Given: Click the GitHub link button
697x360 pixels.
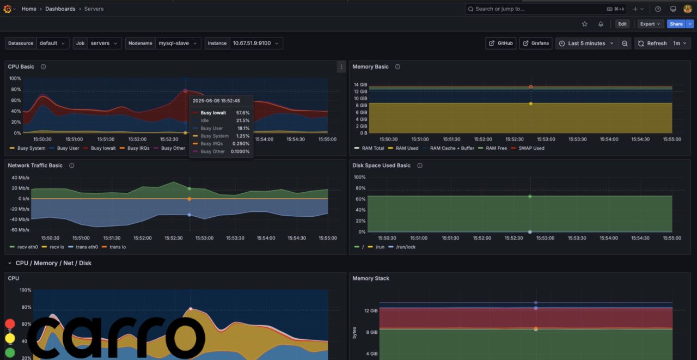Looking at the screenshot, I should [500, 44].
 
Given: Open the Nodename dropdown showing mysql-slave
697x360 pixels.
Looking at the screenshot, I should [178, 44].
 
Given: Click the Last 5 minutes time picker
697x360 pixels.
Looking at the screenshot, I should [586, 44].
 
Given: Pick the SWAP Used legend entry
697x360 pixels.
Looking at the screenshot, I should [531, 148].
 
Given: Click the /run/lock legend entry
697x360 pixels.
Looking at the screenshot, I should [405, 247].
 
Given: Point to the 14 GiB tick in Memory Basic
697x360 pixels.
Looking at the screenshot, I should [360, 84].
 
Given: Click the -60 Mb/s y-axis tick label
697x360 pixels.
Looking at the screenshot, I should [20, 230].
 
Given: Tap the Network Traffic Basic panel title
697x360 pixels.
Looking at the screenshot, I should [35, 166].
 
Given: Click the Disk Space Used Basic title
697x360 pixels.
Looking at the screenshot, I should [381, 166].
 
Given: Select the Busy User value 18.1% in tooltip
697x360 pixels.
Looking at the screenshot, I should [243, 129].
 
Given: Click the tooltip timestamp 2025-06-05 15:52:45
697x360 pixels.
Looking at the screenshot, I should [216, 101].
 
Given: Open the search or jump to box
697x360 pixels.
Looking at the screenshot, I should [539, 9].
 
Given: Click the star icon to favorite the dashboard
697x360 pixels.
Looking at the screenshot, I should [585, 24].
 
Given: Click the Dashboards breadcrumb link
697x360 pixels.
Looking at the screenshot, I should [60, 9].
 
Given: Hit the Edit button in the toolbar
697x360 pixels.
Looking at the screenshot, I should [622, 24].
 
